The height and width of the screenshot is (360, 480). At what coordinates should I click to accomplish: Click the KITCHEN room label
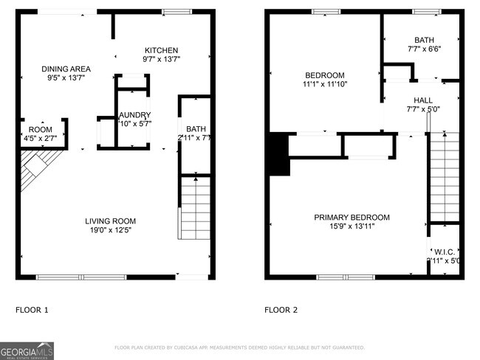162,49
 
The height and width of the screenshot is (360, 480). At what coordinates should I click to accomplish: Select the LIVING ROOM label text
110,221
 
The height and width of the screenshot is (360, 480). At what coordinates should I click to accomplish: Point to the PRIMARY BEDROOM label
352,217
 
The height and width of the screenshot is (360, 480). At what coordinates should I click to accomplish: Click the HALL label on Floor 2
423,100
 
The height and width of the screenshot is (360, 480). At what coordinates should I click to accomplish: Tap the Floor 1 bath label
196,129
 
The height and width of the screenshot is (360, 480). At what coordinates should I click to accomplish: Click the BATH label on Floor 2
424,41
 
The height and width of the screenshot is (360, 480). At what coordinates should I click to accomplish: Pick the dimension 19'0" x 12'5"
110,230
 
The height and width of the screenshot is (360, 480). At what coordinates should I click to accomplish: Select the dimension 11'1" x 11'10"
325,84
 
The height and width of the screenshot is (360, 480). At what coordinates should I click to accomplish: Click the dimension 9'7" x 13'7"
162,59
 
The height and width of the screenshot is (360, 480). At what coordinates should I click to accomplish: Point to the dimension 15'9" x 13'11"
352,226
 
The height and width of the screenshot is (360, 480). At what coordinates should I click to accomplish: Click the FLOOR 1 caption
32,310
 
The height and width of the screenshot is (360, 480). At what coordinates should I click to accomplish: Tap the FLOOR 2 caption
281,310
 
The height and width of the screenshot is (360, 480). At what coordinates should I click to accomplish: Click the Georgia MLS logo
27,349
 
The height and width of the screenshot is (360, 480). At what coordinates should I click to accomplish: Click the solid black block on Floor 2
279,153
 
